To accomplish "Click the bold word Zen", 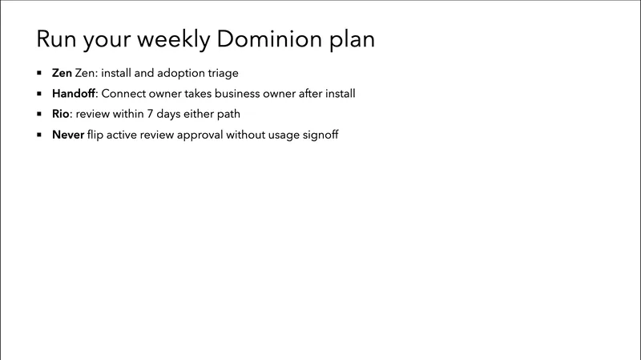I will pos(62,73).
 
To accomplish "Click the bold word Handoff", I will pos(74,94).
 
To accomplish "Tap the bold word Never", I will pos(68,135).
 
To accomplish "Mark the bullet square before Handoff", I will pos(40,94).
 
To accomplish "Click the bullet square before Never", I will pos(40,135).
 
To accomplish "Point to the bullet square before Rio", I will pos(40,114).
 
